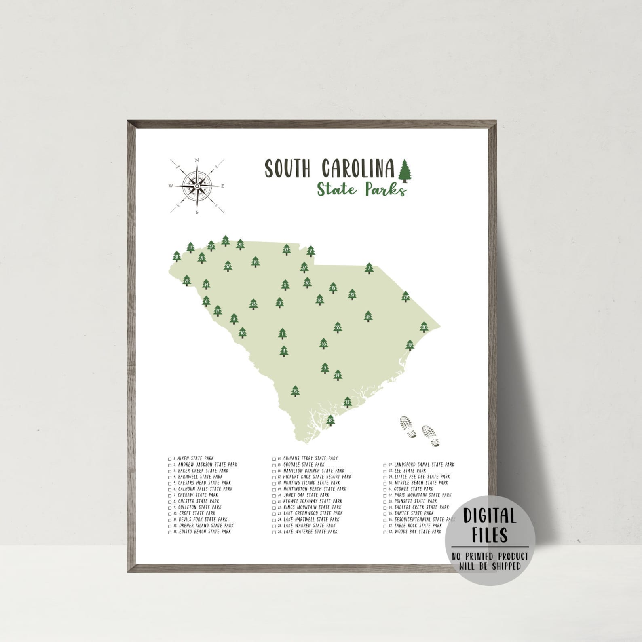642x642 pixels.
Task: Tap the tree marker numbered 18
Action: coord(331,420)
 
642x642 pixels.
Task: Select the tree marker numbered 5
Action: coord(226,241)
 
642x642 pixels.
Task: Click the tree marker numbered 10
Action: coord(255,262)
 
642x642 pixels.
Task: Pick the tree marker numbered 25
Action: coord(295,391)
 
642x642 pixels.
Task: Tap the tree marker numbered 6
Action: coord(207,301)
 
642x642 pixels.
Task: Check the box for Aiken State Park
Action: coord(170,459)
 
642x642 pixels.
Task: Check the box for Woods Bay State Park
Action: coord(385,532)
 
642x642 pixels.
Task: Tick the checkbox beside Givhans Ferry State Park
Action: coord(274,459)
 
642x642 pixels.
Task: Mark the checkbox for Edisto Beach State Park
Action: coord(170,532)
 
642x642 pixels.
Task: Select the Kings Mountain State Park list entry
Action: coord(312,507)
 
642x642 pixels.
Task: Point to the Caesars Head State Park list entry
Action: coord(204,483)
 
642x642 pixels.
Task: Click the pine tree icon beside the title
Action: coord(404,170)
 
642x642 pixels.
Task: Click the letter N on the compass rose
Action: coord(197,160)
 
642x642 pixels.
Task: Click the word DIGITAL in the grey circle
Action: coord(490,516)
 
